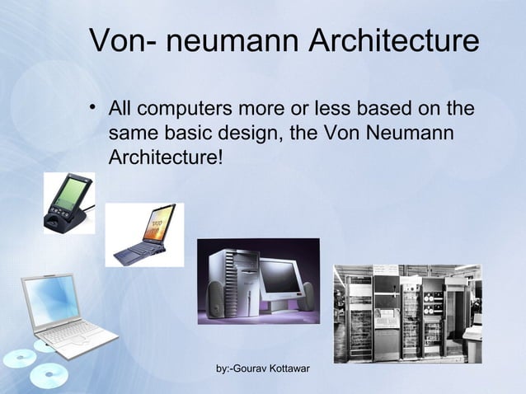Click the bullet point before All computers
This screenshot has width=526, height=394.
(x=96, y=109)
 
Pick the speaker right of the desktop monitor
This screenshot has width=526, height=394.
(x=307, y=296)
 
